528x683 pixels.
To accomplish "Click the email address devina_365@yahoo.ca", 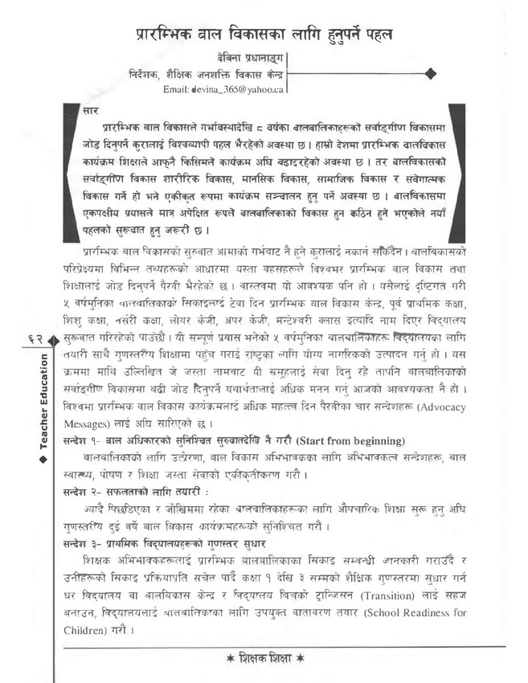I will click(x=237, y=89).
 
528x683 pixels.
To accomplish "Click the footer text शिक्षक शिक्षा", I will click(x=266, y=658).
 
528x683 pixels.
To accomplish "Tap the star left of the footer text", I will click(x=230, y=658).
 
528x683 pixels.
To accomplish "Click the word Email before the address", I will click(x=175, y=89).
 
